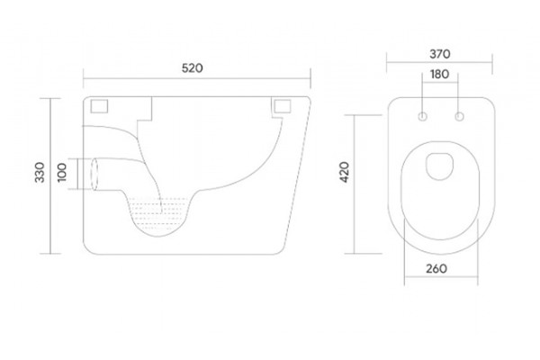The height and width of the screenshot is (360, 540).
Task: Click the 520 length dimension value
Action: coord(193,68)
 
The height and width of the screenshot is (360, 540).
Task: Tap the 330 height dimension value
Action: coord(40,172)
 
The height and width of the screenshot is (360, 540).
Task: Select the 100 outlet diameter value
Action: coord(61,173)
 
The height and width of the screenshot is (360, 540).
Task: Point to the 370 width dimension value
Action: coord(440,54)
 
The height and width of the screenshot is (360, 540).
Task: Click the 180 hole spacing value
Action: coord(440,75)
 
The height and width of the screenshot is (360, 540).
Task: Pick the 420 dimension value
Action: coord(345,172)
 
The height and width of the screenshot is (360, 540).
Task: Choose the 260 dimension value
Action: coord(436,269)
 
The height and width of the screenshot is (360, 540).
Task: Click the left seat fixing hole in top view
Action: coord(423,116)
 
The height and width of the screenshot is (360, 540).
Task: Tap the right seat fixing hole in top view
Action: coord(459,116)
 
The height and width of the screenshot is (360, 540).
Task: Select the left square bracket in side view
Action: coord(99,106)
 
